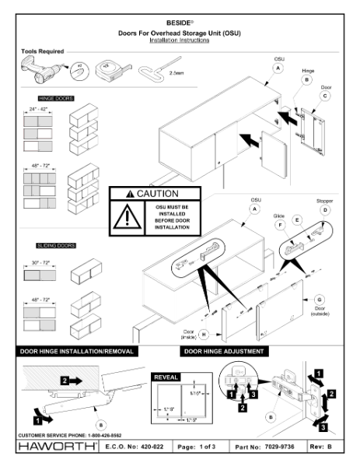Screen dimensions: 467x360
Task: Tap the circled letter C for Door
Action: pos(324,96)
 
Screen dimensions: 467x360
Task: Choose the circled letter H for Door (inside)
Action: pos(204,335)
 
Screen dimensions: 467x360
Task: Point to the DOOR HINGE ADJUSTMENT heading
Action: pos(226,352)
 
